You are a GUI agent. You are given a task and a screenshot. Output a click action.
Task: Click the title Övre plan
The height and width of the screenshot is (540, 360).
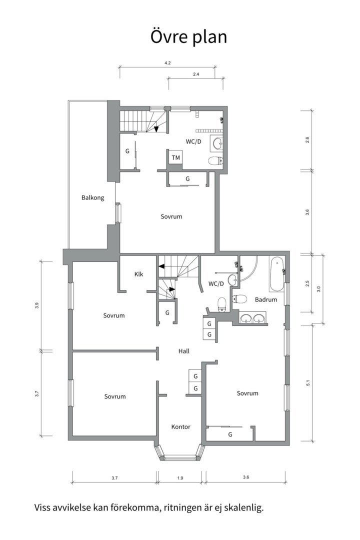coord(188,37)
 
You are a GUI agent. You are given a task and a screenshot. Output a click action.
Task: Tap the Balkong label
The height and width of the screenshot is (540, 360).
coord(92,197)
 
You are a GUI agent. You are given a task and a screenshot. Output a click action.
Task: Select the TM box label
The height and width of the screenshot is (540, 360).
coord(175,157)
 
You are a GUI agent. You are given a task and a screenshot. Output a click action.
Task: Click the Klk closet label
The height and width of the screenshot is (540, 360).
coord(138,274)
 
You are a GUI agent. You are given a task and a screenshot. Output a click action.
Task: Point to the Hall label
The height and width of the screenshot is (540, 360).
coord(183,351)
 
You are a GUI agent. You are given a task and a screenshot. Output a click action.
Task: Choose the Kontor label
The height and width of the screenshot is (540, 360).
coord(181,426)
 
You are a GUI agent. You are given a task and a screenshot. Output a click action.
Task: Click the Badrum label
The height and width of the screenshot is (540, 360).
coord(266,299)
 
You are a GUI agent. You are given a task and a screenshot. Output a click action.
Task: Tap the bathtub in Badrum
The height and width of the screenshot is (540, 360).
coord(276,274)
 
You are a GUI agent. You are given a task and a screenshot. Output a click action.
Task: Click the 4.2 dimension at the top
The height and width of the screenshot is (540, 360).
coord(168,63)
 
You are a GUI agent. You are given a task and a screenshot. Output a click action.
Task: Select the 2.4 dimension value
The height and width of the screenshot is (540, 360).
coord(195,74)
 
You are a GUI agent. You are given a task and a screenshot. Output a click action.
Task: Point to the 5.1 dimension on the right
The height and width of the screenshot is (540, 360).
coord(307,382)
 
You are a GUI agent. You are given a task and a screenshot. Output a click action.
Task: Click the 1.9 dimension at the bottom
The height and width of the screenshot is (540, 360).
coord(180,477)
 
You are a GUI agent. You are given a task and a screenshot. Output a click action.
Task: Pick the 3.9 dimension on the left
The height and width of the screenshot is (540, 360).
coord(37,305)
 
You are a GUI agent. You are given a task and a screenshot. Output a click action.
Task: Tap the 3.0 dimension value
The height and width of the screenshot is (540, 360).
coord(318,289)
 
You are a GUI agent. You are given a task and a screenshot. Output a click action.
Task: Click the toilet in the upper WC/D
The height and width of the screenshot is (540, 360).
coord(215,160)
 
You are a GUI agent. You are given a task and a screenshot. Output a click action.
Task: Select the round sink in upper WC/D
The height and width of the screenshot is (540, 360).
coord(217,143)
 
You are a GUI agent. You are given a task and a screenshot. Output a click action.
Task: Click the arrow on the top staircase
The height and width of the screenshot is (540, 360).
coord(156,128)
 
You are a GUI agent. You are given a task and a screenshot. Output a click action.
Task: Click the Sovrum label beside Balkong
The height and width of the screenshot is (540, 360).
coord(171,216)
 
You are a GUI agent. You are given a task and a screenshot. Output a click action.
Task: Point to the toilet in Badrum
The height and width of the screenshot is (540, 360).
coord(240,298)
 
